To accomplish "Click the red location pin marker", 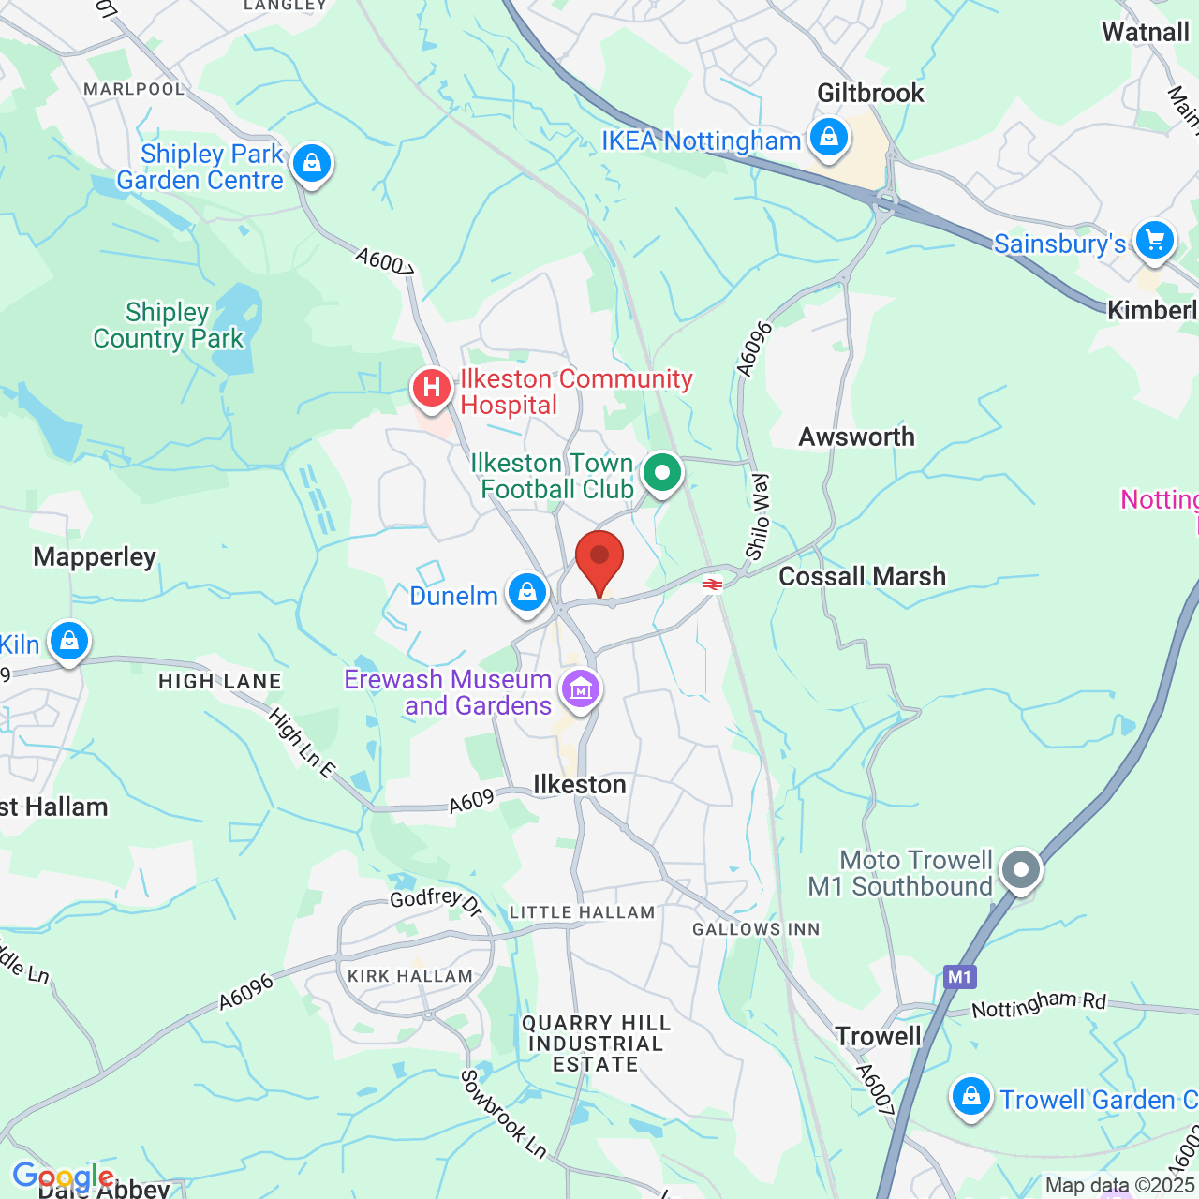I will (x=599, y=559).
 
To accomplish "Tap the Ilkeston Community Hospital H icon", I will (x=432, y=387).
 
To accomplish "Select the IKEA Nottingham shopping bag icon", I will (x=828, y=138).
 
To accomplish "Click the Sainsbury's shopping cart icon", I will (x=1154, y=241).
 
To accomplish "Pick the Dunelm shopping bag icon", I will (x=527, y=593).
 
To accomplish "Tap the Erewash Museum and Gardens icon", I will (x=581, y=690).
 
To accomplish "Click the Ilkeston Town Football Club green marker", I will (x=662, y=473).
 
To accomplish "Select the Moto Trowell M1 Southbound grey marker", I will (x=1021, y=869).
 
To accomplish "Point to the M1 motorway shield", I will (x=959, y=977).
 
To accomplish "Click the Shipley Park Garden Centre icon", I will (x=312, y=164).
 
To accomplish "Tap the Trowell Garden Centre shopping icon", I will (x=971, y=1096).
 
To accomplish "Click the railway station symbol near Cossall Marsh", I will (x=713, y=585).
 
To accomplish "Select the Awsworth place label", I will (x=856, y=437).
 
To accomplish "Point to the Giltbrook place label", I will (x=870, y=93).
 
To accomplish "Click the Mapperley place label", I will (x=95, y=556).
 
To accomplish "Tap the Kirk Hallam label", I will (x=410, y=976).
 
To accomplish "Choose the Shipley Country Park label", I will (x=169, y=325).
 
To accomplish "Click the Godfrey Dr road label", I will (x=436, y=901).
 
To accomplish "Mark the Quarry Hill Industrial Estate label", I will (x=596, y=1044).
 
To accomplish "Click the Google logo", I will (x=63, y=1177).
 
